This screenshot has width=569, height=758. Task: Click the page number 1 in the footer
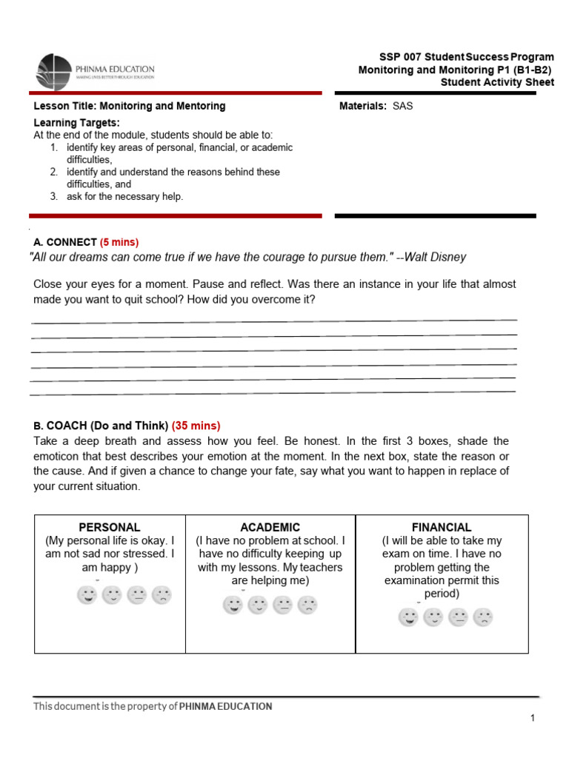pyautogui.click(x=532, y=718)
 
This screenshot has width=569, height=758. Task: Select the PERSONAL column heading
pyautogui.click(x=110, y=527)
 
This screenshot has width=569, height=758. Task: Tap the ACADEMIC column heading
pyautogui.click(x=270, y=527)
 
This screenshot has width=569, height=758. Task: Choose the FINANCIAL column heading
pyautogui.click(x=442, y=527)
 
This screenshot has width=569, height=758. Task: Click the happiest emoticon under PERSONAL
pyautogui.click(x=87, y=594)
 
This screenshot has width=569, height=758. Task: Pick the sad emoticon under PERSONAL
pyautogui.click(x=162, y=594)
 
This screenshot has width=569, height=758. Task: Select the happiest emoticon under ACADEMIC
pyautogui.click(x=233, y=606)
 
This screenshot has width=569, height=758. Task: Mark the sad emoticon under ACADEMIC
pyautogui.click(x=307, y=606)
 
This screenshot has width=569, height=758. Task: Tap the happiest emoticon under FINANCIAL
pyautogui.click(x=408, y=617)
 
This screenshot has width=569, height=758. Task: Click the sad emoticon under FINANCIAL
pyautogui.click(x=483, y=617)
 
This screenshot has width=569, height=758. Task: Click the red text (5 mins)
pyautogui.click(x=119, y=242)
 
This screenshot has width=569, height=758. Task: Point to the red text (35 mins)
pyautogui.click(x=196, y=426)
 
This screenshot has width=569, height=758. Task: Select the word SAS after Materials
pyautogui.click(x=403, y=106)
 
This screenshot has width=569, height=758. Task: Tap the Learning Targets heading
pyautogui.click(x=76, y=122)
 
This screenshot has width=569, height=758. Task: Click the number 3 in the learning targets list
pyautogui.click(x=54, y=196)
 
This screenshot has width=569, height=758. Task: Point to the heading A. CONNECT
pyautogui.click(x=65, y=242)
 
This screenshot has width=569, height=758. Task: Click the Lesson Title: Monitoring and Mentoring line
pyautogui.click(x=130, y=106)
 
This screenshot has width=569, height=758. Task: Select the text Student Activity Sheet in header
pyautogui.click(x=496, y=82)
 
